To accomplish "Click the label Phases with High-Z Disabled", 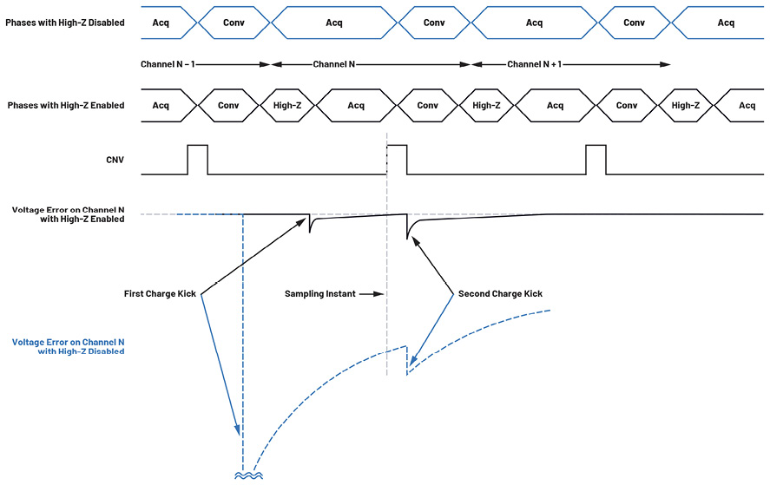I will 64,23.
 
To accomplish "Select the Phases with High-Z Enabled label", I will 65,106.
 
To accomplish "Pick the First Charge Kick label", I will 161,294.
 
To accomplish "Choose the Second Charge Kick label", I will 500,294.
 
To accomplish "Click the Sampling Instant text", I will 319,294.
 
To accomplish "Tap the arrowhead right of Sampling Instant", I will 378,294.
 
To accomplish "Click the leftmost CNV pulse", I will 198,160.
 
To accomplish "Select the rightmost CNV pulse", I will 596,160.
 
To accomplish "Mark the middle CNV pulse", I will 397,160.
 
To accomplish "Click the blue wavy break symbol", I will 243,475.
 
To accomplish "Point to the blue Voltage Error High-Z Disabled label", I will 68,347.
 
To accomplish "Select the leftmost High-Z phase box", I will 286,106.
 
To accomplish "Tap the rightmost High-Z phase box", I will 686,106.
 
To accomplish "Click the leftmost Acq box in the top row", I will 161,23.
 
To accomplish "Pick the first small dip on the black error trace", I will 310,226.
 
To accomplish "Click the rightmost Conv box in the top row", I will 635,23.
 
